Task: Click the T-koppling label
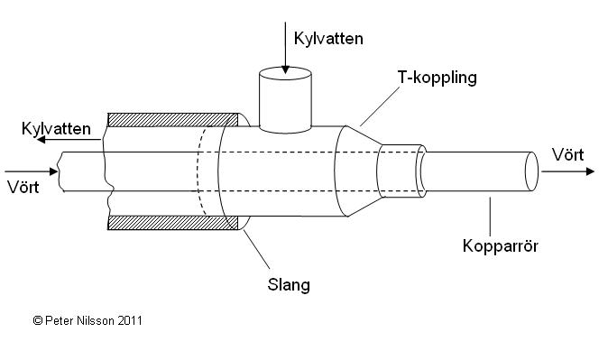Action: (437, 78)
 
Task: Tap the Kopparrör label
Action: (501, 246)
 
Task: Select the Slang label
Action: (289, 285)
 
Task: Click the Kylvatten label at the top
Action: (328, 39)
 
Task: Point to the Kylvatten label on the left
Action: (56, 128)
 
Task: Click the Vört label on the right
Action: (568, 155)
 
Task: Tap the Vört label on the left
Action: (23, 188)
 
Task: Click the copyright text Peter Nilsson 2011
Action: (88, 321)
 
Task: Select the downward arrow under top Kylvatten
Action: (285, 48)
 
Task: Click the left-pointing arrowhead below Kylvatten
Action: (41, 139)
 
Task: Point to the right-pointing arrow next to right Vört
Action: (567, 171)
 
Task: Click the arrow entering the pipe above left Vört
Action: (31, 171)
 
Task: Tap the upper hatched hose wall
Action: (173, 120)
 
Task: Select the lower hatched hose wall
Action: (173, 223)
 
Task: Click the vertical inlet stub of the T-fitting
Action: (285, 100)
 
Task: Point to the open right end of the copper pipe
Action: (531, 171)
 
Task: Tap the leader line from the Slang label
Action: (257, 249)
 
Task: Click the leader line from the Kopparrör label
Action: (490, 217)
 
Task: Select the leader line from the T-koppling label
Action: (380, 106)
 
